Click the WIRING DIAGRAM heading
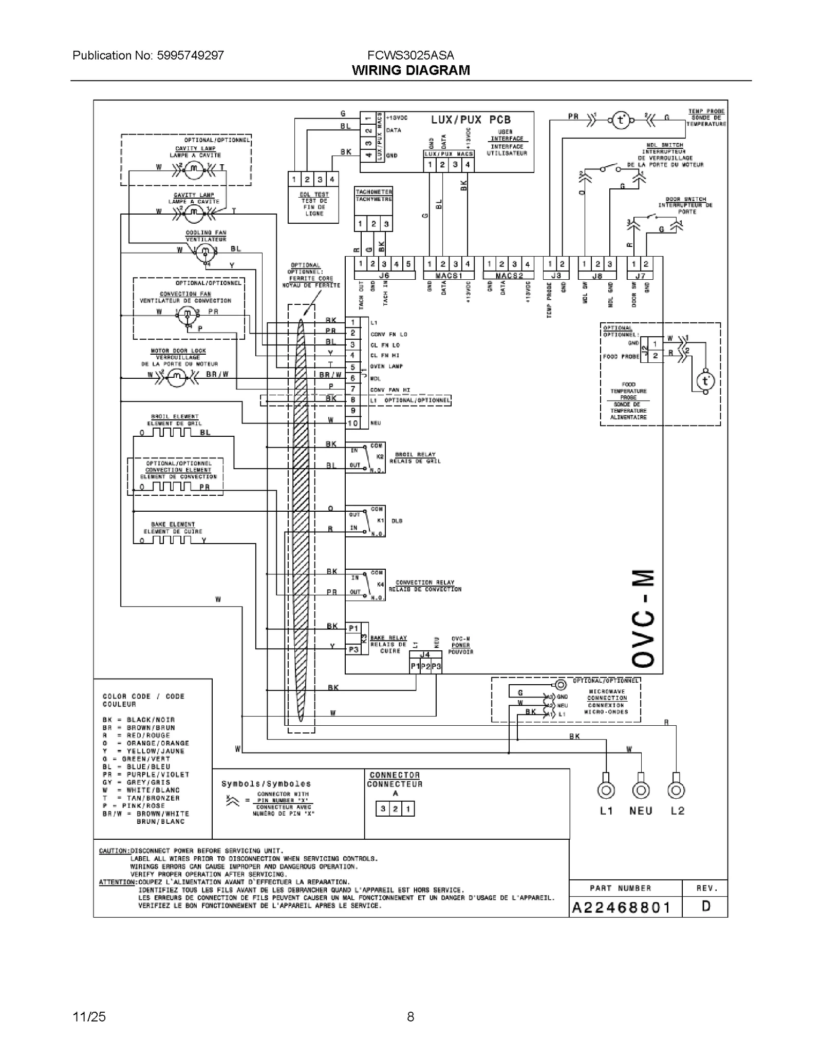click(x=410, y=70)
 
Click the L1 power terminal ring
click(x=606, y=790)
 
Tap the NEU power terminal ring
click(x=641, y=790)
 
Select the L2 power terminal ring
click(x=676, y=790)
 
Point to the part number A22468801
click(x=622, y=908)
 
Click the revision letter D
click(x=706, y=906)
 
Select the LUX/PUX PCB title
click(x=471, y=120)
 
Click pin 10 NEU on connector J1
click(x=353, y=423)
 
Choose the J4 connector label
click(x=425, y=654)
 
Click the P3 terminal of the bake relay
click(x=353, y=649)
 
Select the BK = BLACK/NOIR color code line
click(x=138, y=720)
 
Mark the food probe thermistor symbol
click(x=705, y=381)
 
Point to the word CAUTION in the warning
click(x=114, y=851)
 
